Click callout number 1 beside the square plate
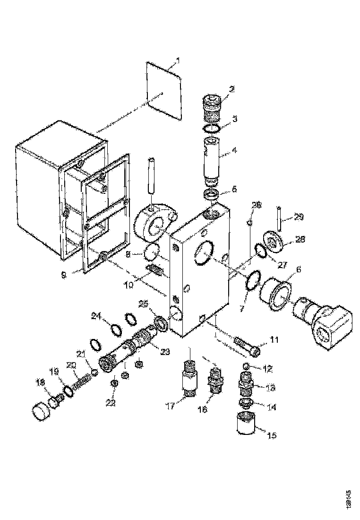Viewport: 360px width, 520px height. tap(178, 61)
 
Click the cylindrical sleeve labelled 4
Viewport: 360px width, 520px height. tap(211, 158)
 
